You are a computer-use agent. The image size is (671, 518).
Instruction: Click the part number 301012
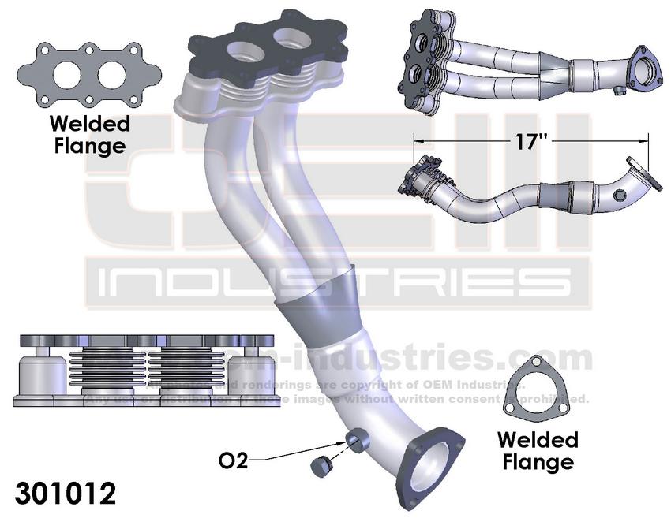tap(66, 494)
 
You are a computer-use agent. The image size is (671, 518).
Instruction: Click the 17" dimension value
tap(530, 143)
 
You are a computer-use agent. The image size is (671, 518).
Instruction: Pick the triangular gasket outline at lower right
tap(538, 392)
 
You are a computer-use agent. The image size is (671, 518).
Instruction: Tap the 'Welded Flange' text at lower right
tap(538, 450)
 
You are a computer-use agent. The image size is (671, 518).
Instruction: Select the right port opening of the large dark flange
tap(290, 37)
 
